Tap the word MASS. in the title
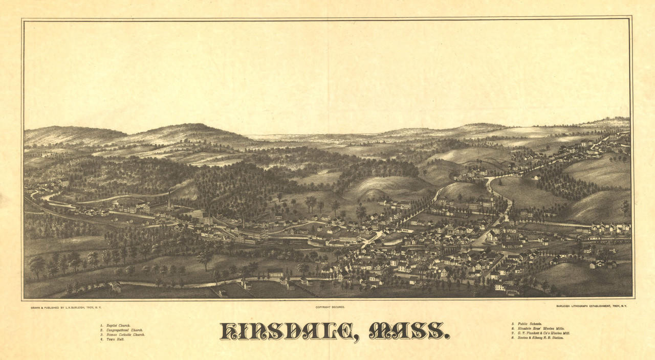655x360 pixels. click(x=409, y=331)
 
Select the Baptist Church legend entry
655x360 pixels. click(x=117, y=325)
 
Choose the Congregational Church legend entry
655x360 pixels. click(x=123, y=330)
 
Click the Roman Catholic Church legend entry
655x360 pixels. click(x=124, y=334)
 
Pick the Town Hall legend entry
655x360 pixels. click(x=113, y=339)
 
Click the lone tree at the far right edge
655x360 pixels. click(x=625, y=206)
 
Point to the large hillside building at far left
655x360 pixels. click(x=63, y=182)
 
